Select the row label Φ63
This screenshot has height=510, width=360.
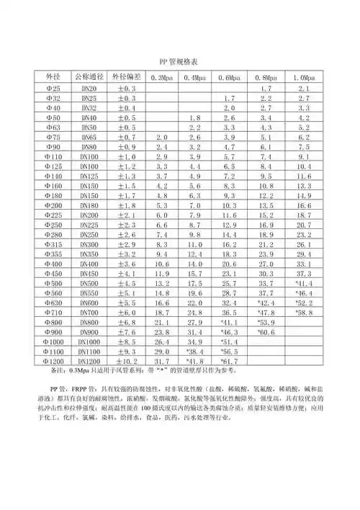[x=53, y=127]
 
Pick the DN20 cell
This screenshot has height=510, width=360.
[x=89, y=88]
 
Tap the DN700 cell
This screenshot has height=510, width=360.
[x=89, y=312]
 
